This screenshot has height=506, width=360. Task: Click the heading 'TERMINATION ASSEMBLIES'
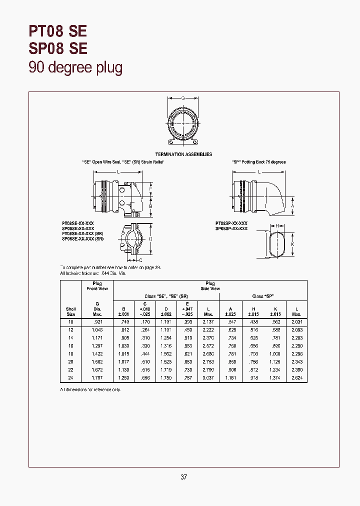tap(183, 154)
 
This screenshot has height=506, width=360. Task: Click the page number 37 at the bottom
tap(183, 477)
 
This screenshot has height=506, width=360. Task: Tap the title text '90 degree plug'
tap(75, 67)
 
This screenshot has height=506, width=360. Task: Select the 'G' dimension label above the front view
tap(183, 98)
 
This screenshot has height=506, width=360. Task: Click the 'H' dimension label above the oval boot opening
tap(276, 226)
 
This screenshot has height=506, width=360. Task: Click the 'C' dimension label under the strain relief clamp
tap(140, 260)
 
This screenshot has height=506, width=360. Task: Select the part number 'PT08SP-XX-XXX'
tap(231, 223)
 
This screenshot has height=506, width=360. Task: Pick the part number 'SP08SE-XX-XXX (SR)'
tap(83, 239)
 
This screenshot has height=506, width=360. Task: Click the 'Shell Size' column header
tap(70, 311)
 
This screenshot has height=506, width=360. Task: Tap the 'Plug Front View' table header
tap(97, 286)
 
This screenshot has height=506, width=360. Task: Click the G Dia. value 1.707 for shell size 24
tap(97, 377)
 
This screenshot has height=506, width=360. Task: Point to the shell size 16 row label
tap(70, 345)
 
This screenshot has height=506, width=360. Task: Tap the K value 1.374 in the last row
tap(276, 377)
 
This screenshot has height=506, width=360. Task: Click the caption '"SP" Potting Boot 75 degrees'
tap(258, 162)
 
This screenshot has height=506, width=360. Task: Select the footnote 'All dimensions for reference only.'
tap(90, 389)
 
